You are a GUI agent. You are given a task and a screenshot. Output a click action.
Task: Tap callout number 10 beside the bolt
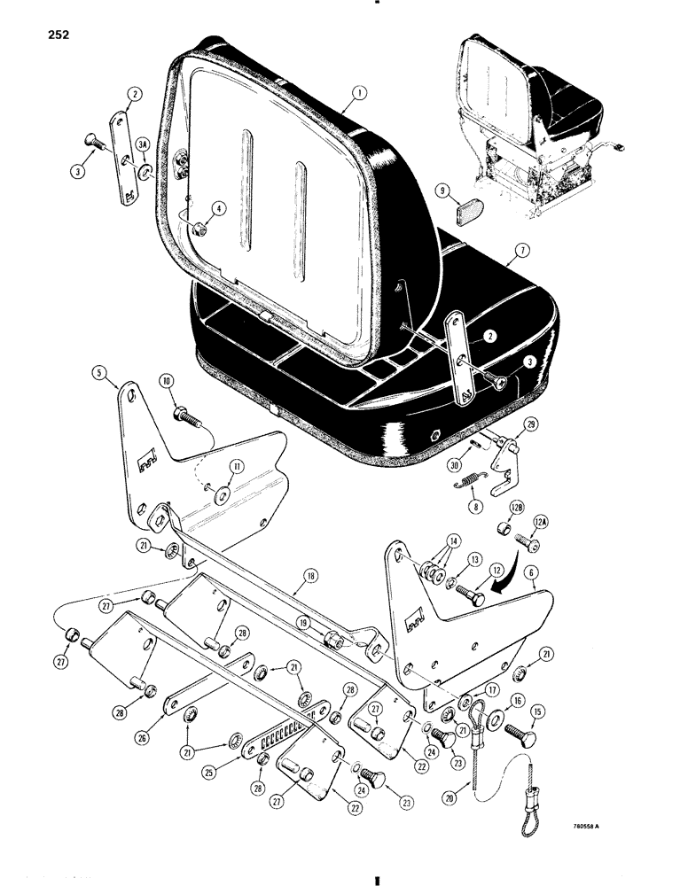pyautogui.click(x=481, y=508)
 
